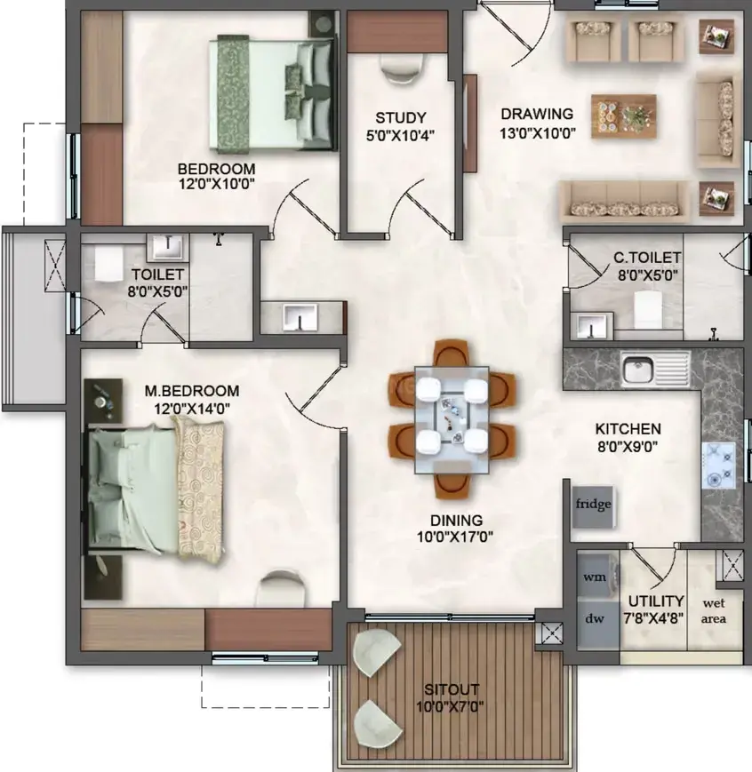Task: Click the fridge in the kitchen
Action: click(593, 506)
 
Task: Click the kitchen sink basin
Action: click(637, 369)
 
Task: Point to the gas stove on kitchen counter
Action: click(718, 465)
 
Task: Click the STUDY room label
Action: click(401, 117)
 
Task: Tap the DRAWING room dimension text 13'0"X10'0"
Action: click(538, 133)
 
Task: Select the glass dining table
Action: click(452, 419)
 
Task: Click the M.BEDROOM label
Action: click(192, 391)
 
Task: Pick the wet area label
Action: click(714, 610)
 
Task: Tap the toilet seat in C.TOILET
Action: click(647, 309)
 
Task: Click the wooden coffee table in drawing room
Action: click(623, 116)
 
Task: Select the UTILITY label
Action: click(656, 601)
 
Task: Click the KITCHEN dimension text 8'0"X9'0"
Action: click(628, 447)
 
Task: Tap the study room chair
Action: click(403, 68)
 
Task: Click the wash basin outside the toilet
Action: click(300, 317)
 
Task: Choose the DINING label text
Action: click(456, 521)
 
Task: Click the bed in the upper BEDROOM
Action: click(273, 93)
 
